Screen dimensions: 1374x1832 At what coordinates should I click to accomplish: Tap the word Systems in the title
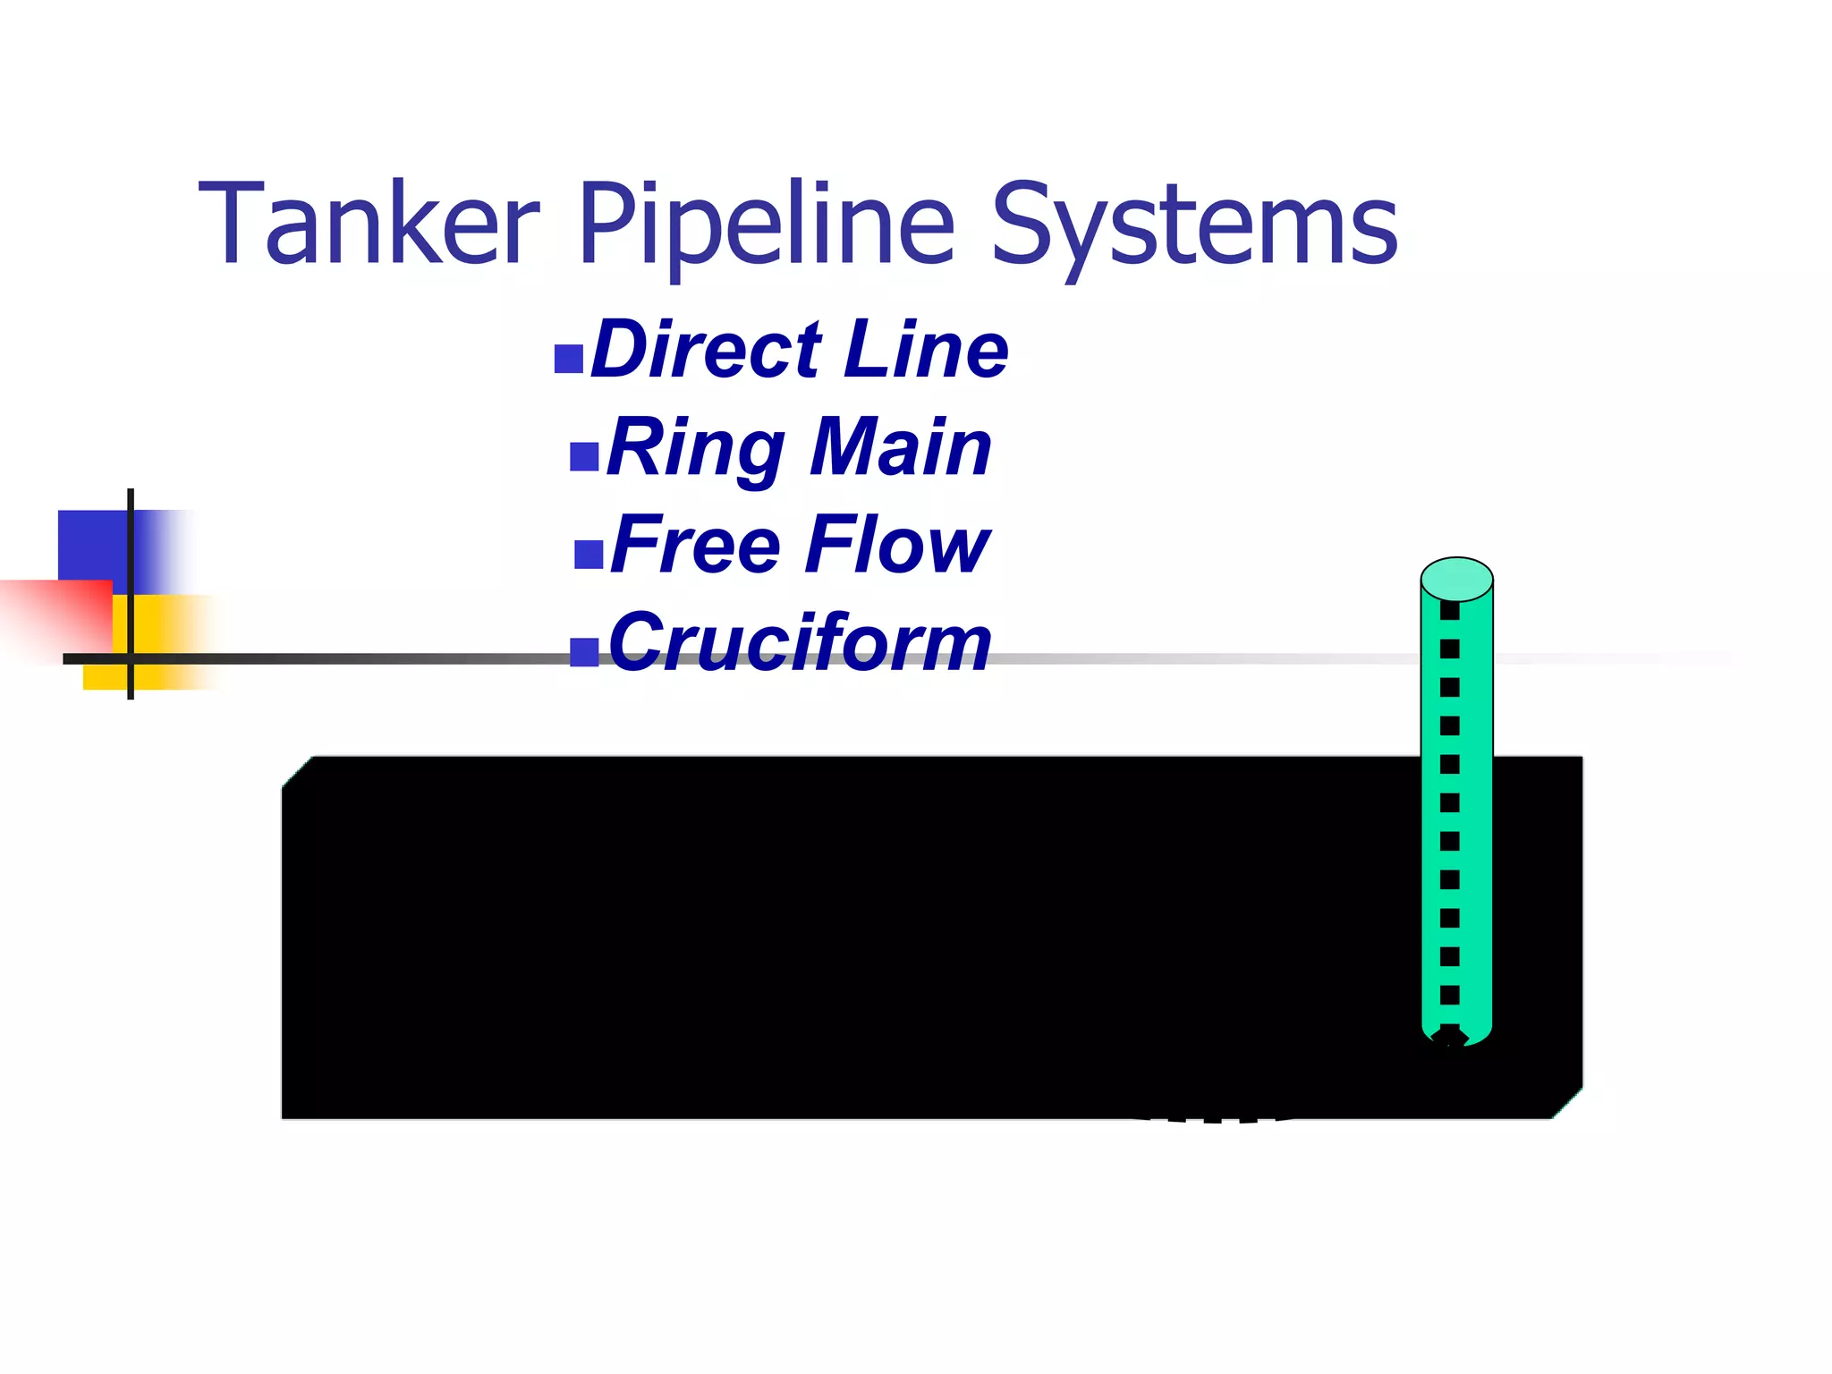coord(1194,224)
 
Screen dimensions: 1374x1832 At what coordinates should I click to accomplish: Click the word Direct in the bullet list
coord(706,350)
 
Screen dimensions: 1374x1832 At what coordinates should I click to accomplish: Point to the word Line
coord(926,350)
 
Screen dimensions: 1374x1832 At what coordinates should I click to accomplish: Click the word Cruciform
coord(800,642)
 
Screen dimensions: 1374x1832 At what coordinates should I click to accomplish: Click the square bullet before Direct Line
coord(569,359)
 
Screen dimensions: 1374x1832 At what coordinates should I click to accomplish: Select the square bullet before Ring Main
coord(584,456)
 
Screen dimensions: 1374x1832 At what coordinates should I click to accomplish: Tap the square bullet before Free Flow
coord(589,554)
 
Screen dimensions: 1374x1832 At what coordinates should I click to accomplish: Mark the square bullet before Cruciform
coord(584,652)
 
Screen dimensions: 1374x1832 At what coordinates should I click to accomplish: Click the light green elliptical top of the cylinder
coord(1456,579)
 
